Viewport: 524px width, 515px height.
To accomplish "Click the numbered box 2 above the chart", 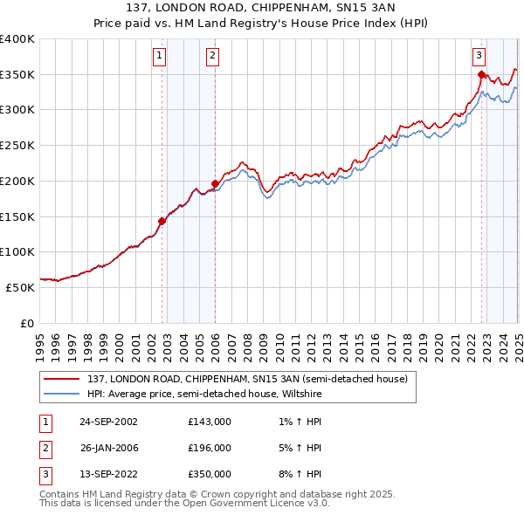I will pos(212,57).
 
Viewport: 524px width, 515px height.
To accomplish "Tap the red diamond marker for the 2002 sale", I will pos(162,221).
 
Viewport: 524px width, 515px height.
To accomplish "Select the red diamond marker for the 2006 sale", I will pos(216,183).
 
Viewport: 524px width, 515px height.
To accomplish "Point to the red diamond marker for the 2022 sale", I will pos(481,75).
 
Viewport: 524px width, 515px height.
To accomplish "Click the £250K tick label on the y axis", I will pos(17,145).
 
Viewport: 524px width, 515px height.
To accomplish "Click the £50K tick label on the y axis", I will pos(21,286).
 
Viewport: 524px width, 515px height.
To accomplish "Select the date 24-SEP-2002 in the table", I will pos(108,422).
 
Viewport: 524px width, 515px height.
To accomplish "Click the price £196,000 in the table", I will pos(210,448).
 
